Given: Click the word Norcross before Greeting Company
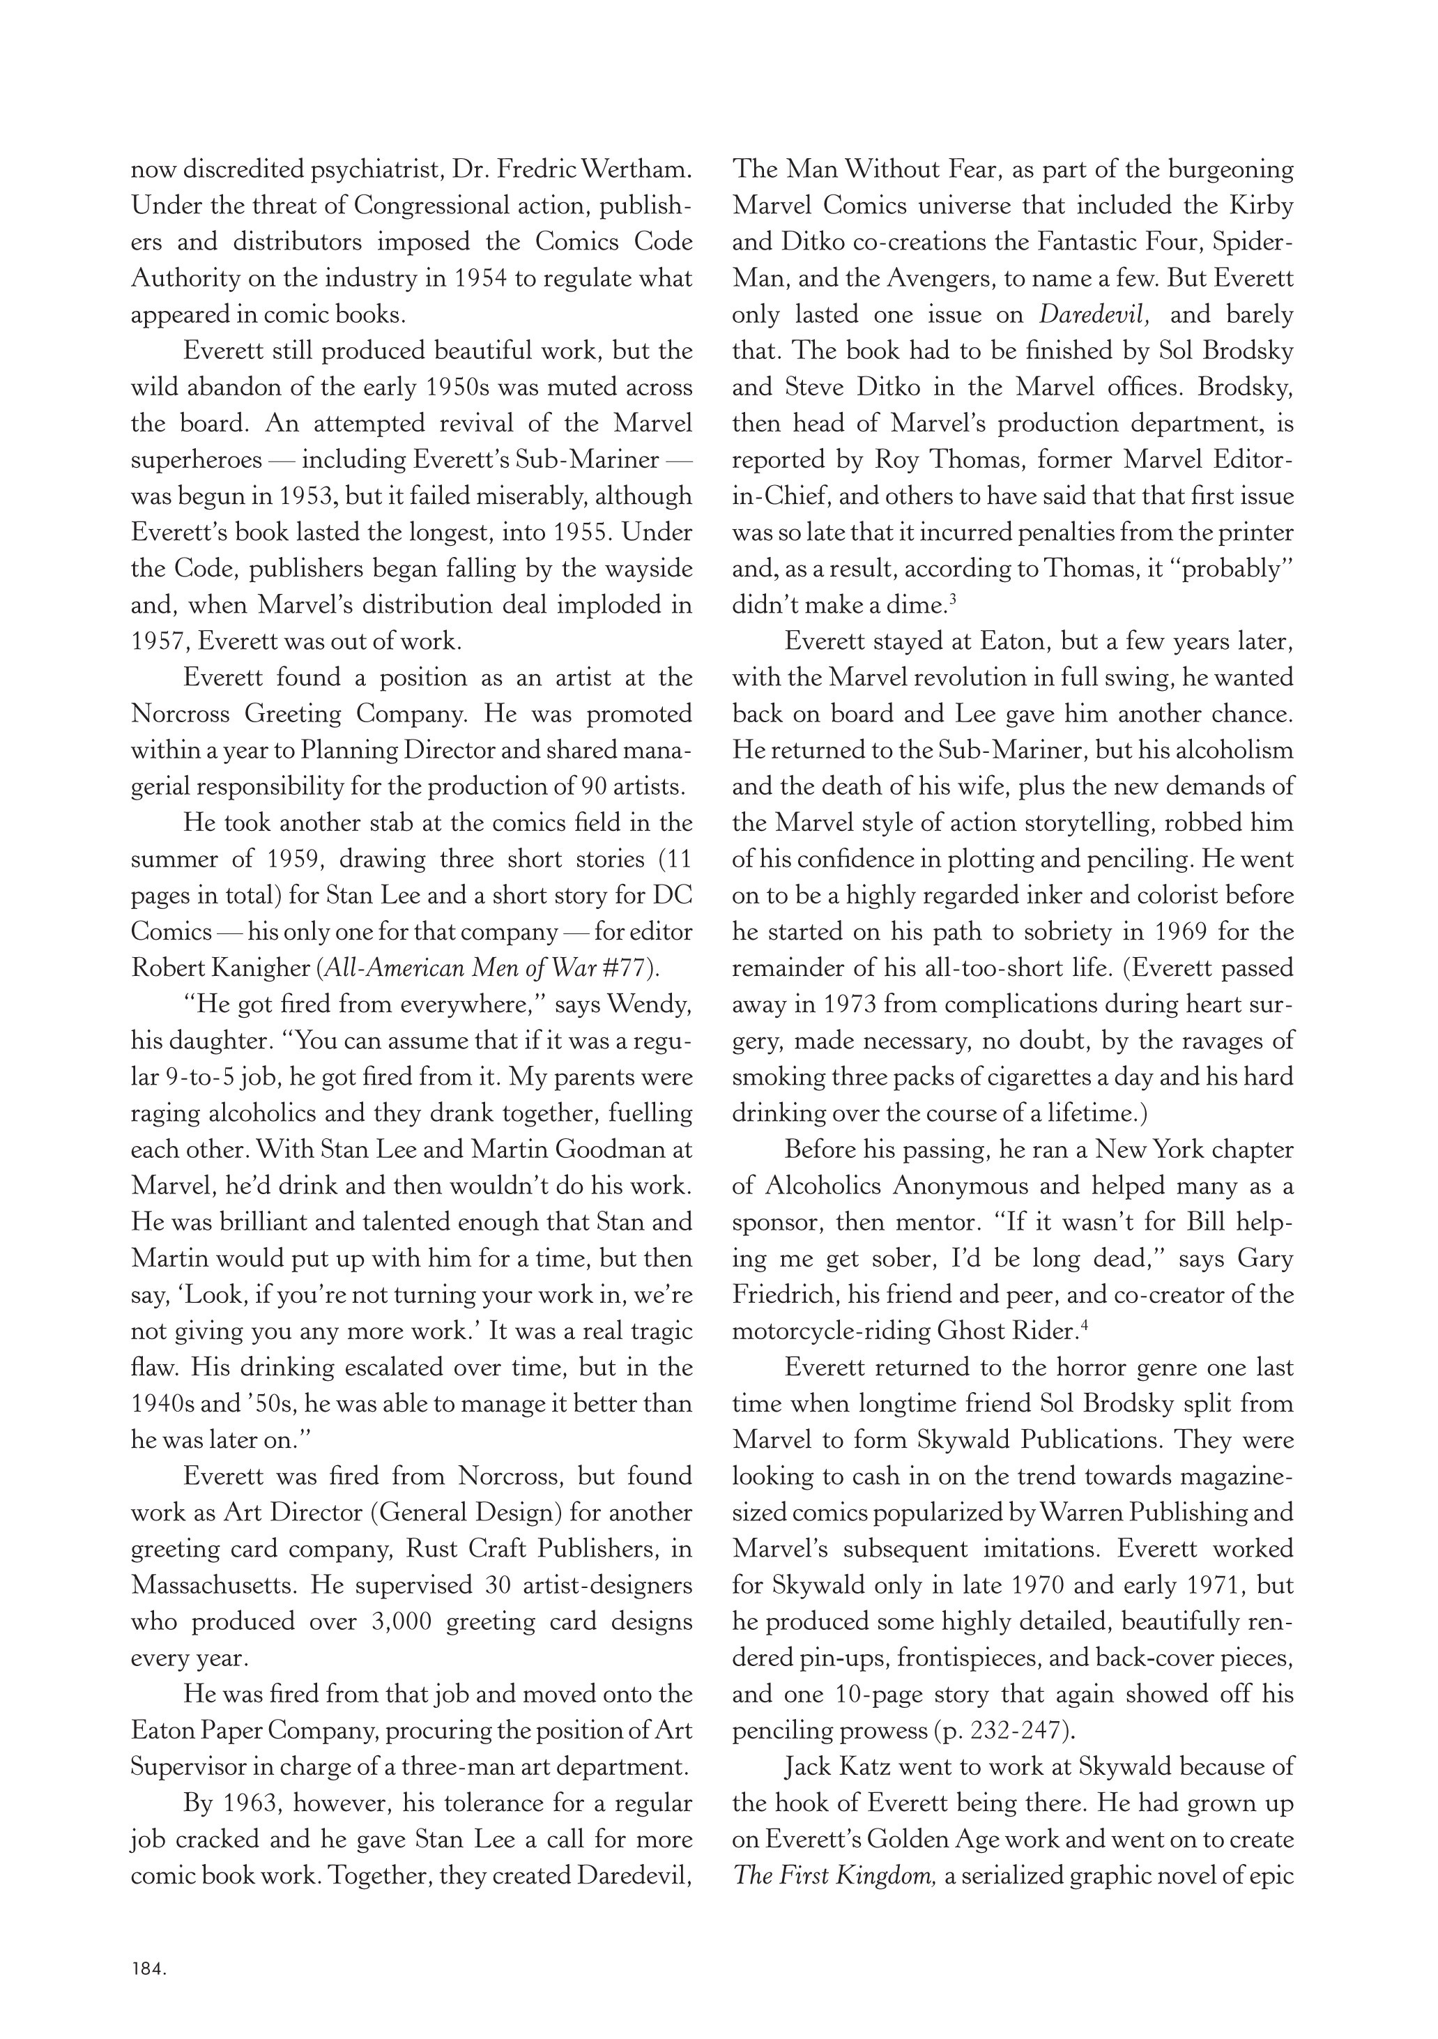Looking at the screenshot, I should coord(181,714).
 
